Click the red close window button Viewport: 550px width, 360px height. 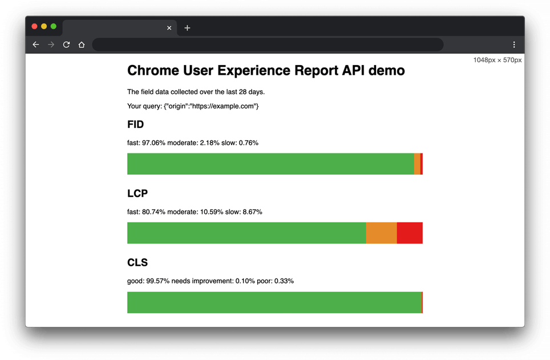(x=34, y=27)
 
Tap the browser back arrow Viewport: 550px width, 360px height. (x=36, y=45)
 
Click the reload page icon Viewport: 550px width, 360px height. (x=66, y=45)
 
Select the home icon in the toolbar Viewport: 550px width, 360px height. (x=82, y=45)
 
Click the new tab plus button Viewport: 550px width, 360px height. (x=187, y=28)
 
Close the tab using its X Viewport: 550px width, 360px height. (x=169, y=28)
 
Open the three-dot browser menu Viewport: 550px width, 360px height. (x=514, y=45)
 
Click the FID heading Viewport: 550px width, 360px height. (x=135, y=124)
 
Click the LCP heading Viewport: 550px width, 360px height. (x=137, y=193)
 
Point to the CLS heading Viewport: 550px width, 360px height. (x=137, y=262)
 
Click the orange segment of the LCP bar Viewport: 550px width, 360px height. (x=381, y=233)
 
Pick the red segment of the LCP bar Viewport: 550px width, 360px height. (x=410, y=233)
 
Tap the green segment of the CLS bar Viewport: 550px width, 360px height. (x=274, y=302)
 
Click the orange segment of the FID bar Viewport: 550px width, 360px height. (x=417, y=164)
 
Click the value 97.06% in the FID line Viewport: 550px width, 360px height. (x=153, y=143)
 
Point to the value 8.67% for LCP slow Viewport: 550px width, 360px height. (x=252, y=212)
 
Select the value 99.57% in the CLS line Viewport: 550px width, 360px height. (x=157, y=281)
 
